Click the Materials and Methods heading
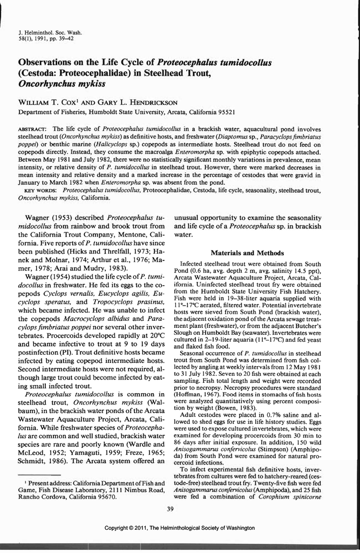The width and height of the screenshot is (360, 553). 247,253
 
